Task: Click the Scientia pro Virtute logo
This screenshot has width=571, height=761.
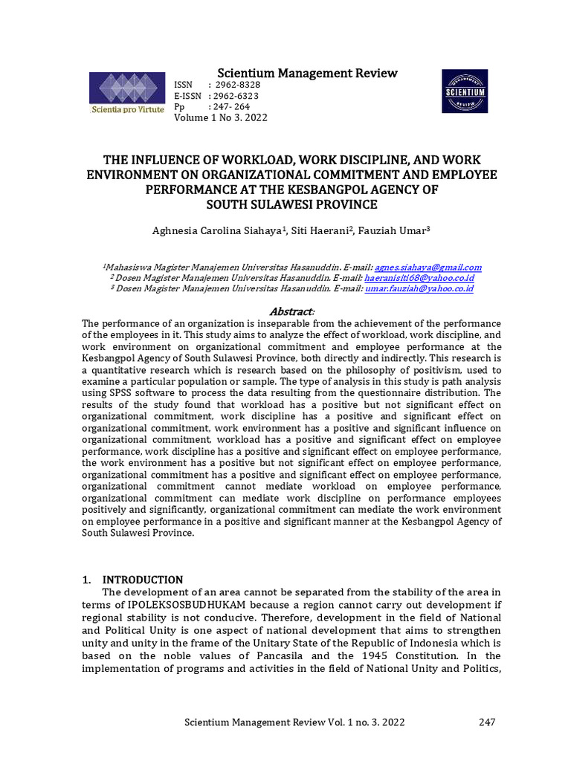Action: coord(126,93)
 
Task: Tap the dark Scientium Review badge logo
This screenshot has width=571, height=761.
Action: coord(465,91)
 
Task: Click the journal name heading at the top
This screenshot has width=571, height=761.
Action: coord(307,73)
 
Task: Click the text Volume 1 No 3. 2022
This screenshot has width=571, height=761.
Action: coord(220,117)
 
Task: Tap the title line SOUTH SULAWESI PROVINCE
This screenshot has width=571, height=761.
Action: coord(291,204)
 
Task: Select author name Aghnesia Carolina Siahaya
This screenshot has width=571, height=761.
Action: coord(216,231)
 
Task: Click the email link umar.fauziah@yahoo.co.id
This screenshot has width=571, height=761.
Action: coord(419,288)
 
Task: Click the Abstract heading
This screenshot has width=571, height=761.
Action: coord(291,311)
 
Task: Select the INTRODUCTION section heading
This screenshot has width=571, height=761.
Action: coord(142,580)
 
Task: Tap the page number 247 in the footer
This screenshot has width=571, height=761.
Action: coord(487,722)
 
